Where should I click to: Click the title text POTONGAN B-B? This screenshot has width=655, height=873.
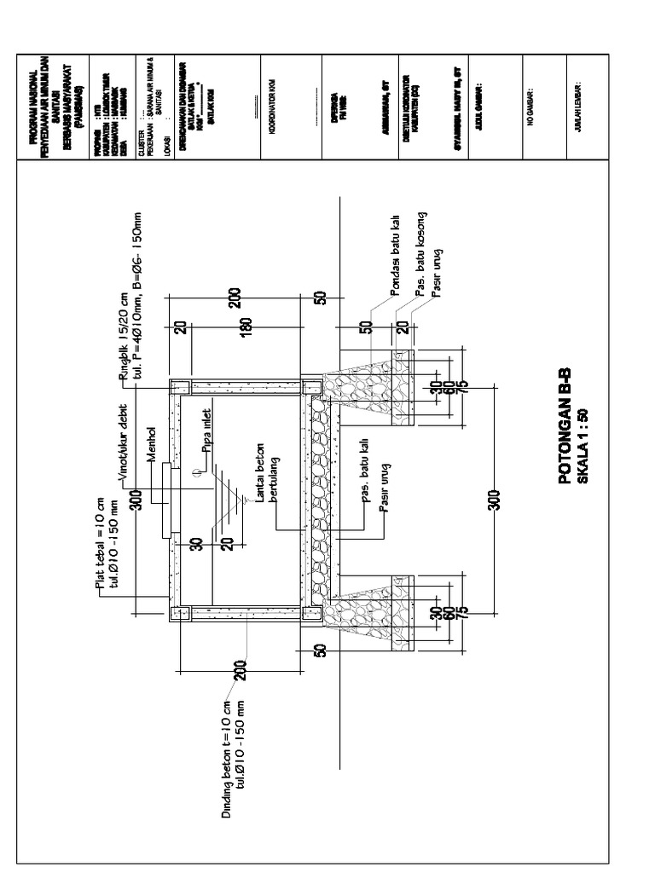click(563, 426)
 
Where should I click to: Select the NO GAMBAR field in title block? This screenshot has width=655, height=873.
click(529, 106)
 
